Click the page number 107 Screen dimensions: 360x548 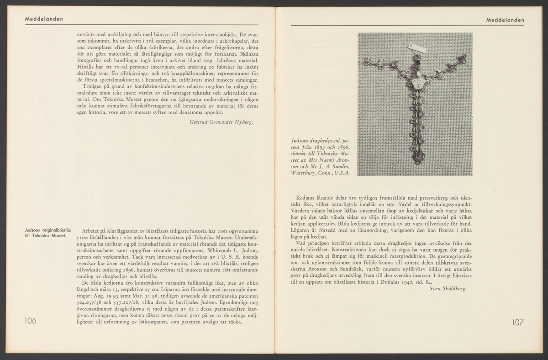click(517, 322)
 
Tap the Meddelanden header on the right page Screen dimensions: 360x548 click(505, 20)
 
